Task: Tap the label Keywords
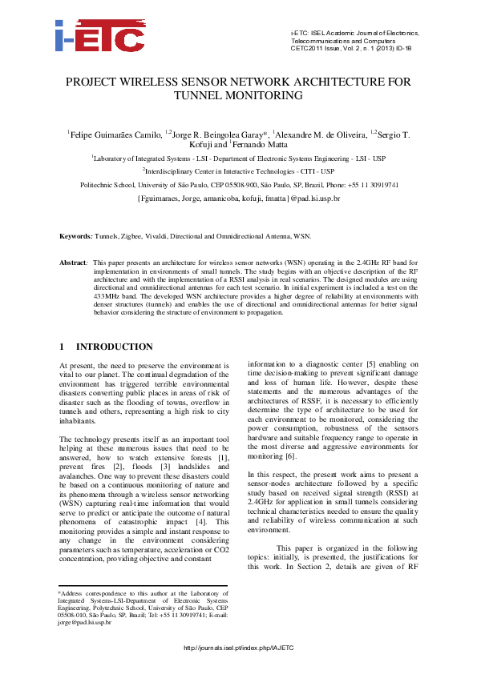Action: coord(76,237)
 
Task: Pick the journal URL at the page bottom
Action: coord(238,647)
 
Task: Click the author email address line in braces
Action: coord(239,196)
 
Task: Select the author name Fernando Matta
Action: coord(242,144)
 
